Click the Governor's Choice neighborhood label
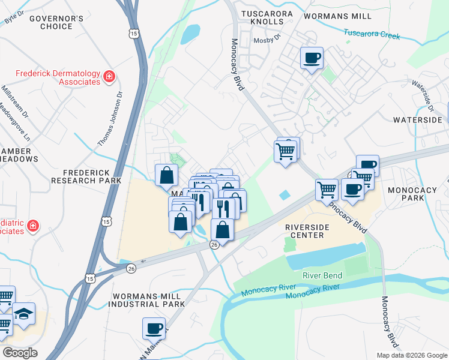click(x=56, y=22)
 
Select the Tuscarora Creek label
click(x=372, y=34)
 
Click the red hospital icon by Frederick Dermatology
click(x=109, y=76)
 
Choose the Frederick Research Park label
click(x=86, y=176)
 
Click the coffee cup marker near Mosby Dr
click(x=312, y=58)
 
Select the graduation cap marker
click(x=24, y=314)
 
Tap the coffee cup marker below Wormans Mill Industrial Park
click(x=154, y=329)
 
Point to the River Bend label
click(x=322, y=275)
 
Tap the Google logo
click(x=20, y=353)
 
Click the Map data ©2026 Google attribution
click(x=411, y=355)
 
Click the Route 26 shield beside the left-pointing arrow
click(x=131, y=268)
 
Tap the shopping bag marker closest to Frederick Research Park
click(x=166, y=175)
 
